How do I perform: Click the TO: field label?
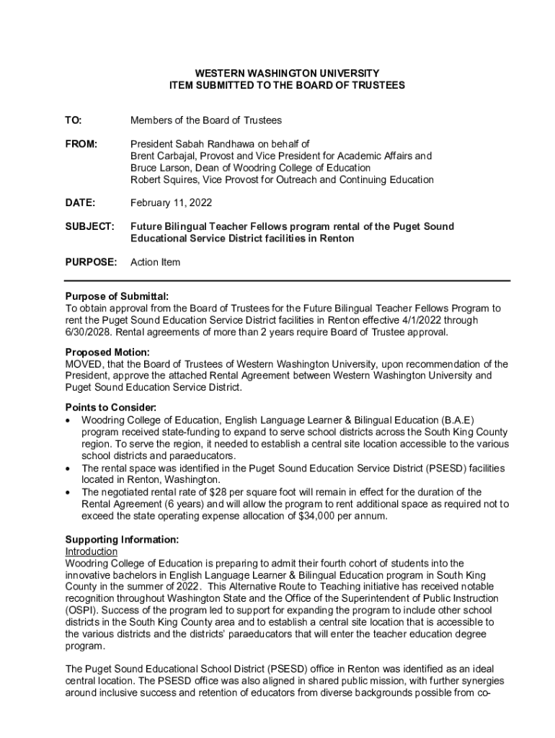tap(74, 120)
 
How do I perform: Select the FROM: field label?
tap(81, 144)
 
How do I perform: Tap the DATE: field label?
tap(80, 203)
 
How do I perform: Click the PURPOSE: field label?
tap(91, 262)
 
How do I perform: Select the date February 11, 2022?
tap(171, 203)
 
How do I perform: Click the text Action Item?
tap(155, 262)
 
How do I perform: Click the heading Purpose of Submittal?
tap(117, 296)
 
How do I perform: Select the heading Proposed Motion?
tap(107, 352)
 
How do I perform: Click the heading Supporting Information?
tap(122, 540)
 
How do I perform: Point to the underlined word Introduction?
tap(91, 551)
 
